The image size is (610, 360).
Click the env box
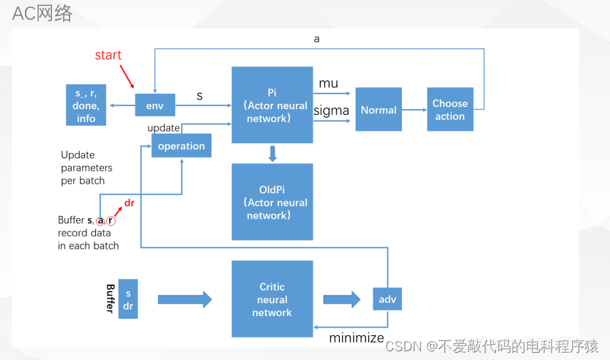(155, 105)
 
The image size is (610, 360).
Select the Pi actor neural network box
(272, 105)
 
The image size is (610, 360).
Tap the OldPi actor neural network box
(272, 202)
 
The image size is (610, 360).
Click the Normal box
(379, 110)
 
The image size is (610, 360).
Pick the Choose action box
(450, 110)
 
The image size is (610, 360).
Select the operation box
(181, 146)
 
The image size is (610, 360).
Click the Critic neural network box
(272, 299)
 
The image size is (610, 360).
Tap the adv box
(387, 299)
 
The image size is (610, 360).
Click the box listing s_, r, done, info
(86, 105)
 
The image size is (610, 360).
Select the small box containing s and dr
(128, 299)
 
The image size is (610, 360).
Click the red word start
(108, 56)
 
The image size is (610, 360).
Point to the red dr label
(130, 203)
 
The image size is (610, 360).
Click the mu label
(329, 83)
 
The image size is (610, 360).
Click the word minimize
(357, 337)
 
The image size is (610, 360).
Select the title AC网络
(42, 13)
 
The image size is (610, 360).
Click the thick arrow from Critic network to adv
(342, 299)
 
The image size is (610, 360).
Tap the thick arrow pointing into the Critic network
(185, 299)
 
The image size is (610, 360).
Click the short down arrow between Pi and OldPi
(272, 154)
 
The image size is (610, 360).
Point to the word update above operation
(163, 128)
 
